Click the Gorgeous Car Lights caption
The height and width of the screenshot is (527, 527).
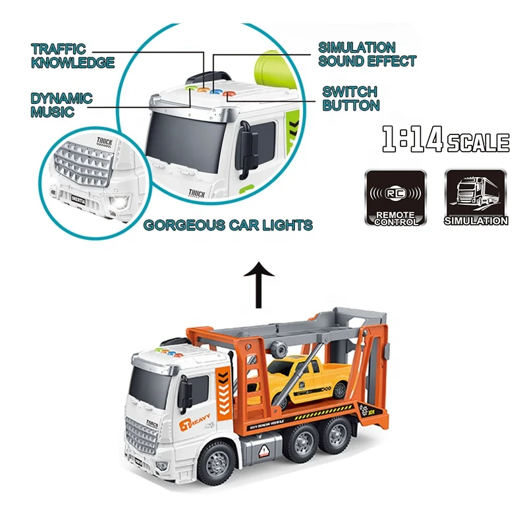[x=228, y=225]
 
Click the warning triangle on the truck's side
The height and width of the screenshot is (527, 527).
[x=265, y=451]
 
